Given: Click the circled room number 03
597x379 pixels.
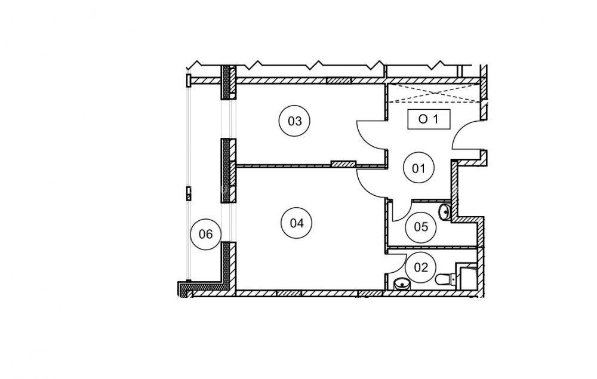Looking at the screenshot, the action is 294,121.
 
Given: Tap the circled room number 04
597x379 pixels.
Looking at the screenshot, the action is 296,223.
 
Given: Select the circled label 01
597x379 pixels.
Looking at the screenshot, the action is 418,168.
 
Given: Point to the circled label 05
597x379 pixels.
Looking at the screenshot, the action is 421,227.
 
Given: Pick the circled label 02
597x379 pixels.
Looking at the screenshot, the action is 421,267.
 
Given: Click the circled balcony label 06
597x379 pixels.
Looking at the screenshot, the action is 205,234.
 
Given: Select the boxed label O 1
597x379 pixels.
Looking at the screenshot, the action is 429,119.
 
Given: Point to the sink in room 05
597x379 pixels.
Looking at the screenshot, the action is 444,212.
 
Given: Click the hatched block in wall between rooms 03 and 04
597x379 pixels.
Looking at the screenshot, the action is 343,164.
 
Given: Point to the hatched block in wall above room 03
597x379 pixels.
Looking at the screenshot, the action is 338,81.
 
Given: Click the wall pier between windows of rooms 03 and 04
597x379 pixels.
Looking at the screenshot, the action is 229,171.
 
